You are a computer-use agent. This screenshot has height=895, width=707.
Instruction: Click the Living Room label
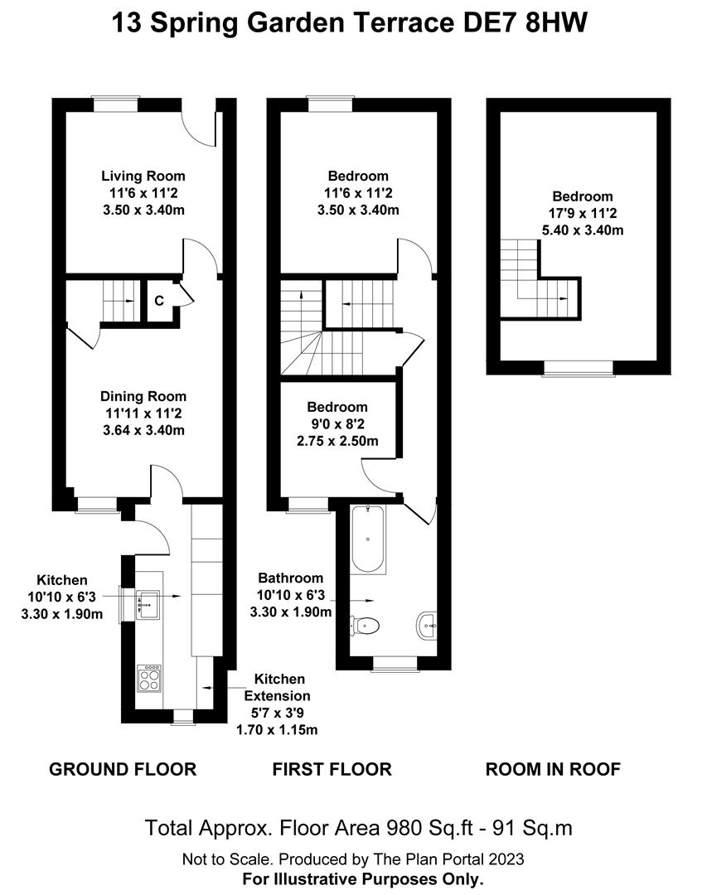pos(143,176)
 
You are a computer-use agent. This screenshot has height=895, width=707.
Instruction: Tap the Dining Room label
pos(143,396)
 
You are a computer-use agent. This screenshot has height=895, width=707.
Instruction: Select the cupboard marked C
pos(159,300)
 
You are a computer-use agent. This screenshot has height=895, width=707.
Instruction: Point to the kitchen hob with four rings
pos(149,679)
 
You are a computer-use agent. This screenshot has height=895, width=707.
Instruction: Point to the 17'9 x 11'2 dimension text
pos(583,214)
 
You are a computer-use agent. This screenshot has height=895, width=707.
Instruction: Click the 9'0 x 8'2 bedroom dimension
pos(337,424)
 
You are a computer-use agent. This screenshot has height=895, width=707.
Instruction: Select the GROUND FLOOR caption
pos(123,769)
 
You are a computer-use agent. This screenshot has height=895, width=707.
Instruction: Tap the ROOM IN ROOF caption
pos(552,769)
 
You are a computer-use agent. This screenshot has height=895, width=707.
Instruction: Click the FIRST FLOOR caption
pos(332,769)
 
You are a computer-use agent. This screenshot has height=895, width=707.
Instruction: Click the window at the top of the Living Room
pos(115,104)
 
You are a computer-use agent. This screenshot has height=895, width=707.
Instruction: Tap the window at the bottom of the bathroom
pos(394,664)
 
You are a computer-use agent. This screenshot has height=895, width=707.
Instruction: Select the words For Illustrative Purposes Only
pos(362,878)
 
